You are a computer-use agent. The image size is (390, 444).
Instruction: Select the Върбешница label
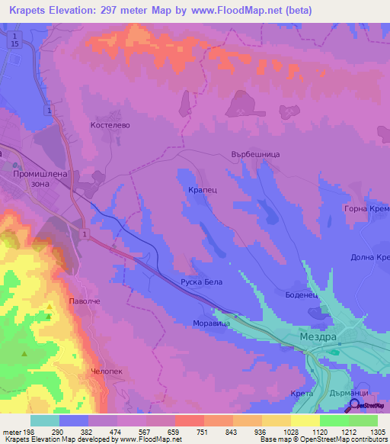pyautogui.click(x=255, y=153)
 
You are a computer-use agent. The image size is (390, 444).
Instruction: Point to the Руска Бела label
pyautogui.click(x=201, y=282)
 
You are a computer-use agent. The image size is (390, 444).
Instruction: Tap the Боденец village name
pyautogui.click(x=300, y=294)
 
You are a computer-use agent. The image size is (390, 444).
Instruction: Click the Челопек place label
pyautogui.click(x=106, y=370)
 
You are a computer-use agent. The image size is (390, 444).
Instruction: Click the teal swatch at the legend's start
pyautogui.click(x=44, y=420)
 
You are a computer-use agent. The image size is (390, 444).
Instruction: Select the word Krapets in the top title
pyautogui.click(x=27, y=10)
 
